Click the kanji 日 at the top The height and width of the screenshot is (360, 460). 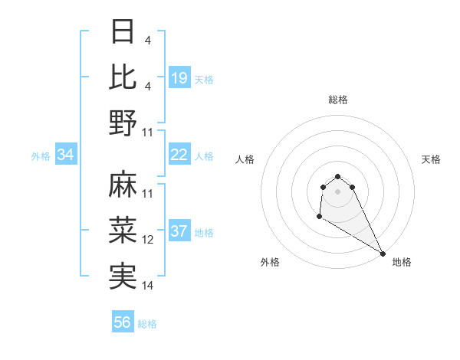123,31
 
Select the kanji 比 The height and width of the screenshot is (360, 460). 123,77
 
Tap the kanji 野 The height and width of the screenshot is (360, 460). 123,123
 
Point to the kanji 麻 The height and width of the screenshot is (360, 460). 123,184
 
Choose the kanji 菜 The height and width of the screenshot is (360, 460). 123,230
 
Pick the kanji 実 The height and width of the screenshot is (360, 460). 123,276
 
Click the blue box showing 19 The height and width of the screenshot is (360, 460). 179,78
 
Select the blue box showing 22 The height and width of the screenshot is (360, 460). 179,155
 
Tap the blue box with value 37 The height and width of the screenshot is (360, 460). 179,231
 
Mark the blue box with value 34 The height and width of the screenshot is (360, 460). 66,155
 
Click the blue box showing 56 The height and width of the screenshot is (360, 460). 123,322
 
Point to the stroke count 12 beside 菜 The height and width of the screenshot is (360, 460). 148,240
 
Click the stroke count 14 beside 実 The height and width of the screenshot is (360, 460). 148,286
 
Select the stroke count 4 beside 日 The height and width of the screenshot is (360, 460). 146,41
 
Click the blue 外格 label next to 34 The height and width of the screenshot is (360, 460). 41,155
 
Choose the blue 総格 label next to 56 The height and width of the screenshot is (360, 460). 147,324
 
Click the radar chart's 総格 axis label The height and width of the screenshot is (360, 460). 338,100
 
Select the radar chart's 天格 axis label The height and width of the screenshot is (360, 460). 432,159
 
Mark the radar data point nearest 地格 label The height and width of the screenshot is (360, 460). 383,254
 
